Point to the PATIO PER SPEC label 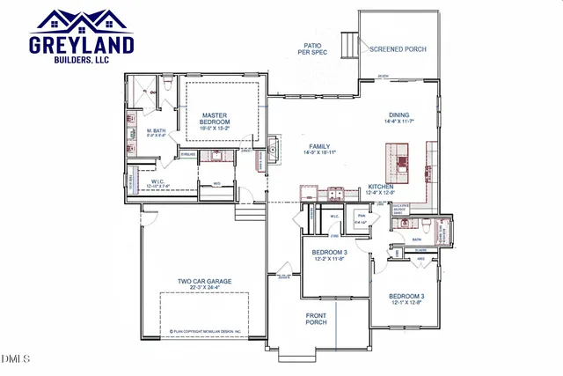(x=311, y=48)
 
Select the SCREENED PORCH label (x=398, y=49)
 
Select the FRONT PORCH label (x=316, y=318)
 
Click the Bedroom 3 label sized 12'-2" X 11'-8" (x=329, y=255)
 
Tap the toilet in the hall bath (x=406, y=223)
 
